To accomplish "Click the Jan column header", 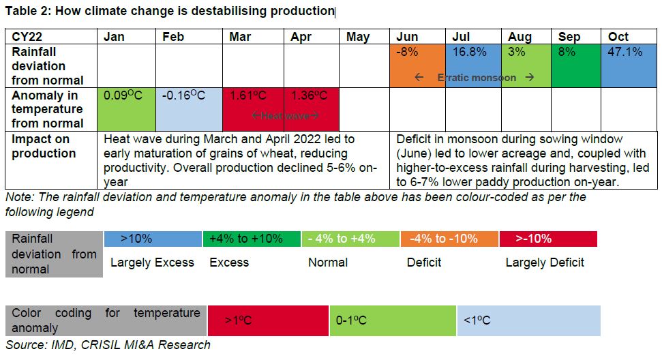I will point(114,37).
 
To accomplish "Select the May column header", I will point(357,37).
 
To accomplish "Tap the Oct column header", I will point(618,37).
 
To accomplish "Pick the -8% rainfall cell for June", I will point(417,65).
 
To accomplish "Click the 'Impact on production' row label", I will point(41,146).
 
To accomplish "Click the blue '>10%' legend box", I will point(153,239).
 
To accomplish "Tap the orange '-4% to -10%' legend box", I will point(449,239).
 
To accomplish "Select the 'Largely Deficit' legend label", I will point(544,262).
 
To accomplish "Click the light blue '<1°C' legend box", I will point(528,320).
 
